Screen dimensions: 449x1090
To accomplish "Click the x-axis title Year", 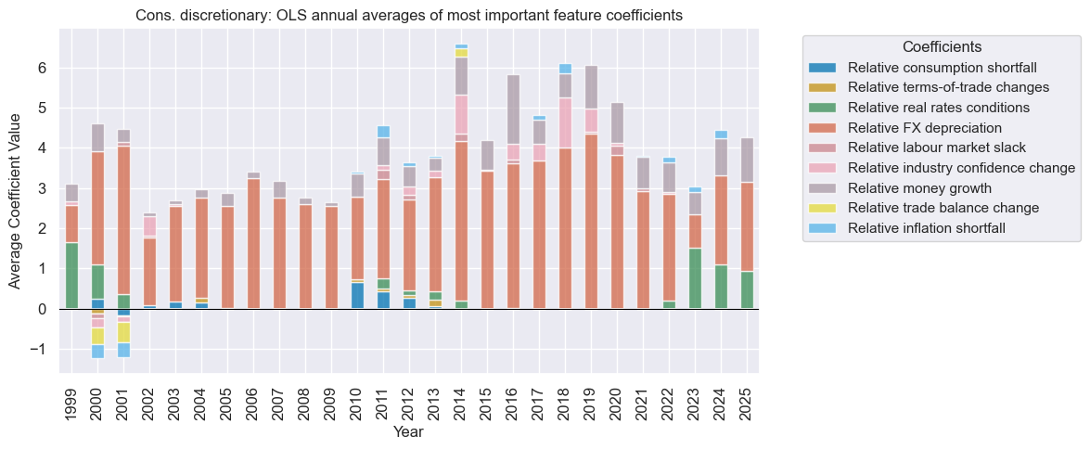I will click(409, 432).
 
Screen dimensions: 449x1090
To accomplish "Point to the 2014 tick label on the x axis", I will click(461, 400).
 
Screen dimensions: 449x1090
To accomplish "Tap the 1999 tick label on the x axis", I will click(71, 400).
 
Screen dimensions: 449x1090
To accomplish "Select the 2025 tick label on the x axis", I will click(747, 400).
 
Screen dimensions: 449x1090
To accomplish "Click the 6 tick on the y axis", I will click(42, 69).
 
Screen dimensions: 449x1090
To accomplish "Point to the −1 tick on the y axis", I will click(38, 350).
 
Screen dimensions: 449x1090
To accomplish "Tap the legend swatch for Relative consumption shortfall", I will click(823, 68).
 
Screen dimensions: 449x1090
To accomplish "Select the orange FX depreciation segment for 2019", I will click(591, 222).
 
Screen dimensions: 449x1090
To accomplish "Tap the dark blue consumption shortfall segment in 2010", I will click(357, 296).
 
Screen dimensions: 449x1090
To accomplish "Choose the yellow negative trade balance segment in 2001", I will click(123, 332).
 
